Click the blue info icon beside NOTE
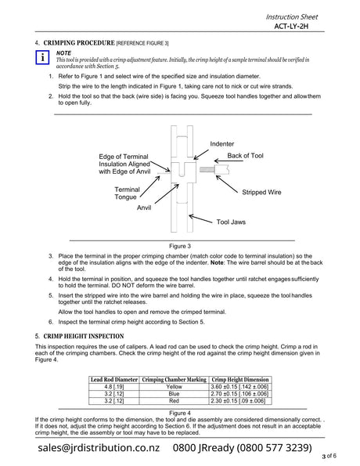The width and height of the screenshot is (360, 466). pyautogui.click(x=42, y=57)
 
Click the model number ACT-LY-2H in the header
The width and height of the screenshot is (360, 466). pyautogui.click(x=291, y=27)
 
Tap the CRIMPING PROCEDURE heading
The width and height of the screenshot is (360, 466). pyautogui.click(x=79, y=43)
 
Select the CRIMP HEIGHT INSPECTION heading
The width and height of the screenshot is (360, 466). pyautogui.click(x=84, y=336)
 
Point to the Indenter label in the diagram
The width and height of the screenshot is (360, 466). pyautogui.click(x=222, y=144)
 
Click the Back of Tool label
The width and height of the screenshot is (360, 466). pyautogui.click(x=245, y=155)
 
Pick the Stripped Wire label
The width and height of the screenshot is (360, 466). pyautogui.click(x=261, y=192)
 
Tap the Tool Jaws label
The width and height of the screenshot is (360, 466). pyautogui.click(x=231, y=222)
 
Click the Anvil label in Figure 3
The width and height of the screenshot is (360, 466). pyautogui.click(x=144, y=208)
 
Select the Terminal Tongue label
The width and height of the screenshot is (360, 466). pyautogui.click(x=127, y=193)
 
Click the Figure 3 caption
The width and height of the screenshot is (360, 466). pyautogui.click(x=180, y=246)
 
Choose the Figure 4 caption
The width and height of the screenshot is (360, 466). pyautogui.click(x=180, y=413)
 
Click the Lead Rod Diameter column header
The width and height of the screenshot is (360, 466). pyautogui.click(x=114, y=380)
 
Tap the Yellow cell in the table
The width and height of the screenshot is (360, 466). pyautogui.click(x=174, y=387)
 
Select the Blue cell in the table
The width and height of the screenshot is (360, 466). pyautogui.click(x=174, y=394)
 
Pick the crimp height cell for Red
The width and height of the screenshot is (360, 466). pyautogui.click(x=238, y=401)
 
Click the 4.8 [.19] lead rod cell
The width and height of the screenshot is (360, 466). pyautogui.click(x=114, y=387)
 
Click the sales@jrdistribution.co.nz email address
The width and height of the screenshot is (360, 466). pyautogui.click(x=99, y=447)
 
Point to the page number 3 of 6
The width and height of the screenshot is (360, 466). pyautogui.click(x=329, y=456)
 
